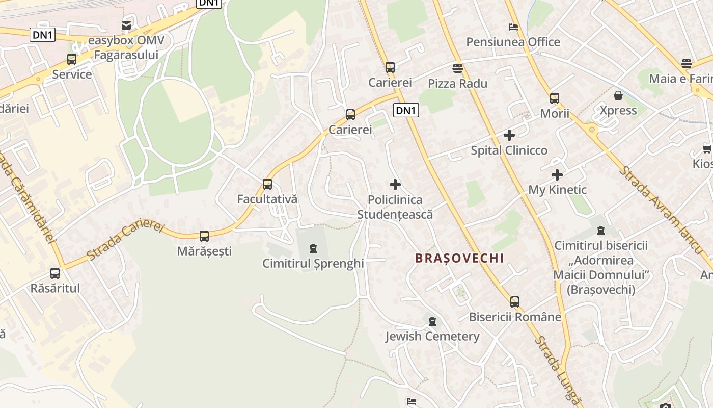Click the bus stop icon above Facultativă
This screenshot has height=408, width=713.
pyautogui.click(x=267, y=184)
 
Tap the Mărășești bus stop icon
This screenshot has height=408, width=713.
pyautogui.click(x=204, y=236)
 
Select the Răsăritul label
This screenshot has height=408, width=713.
pyautogui.click(x=55, y=288)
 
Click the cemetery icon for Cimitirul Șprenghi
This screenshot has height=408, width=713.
pyautogui.click(x=313, y=248)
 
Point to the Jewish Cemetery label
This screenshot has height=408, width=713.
pyautogui.click(x=432, y=336)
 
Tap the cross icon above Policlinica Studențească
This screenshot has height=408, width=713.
pyautogui.click(x=395, y=185)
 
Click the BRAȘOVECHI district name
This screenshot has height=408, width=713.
pyautogui.click(x=459, y=258)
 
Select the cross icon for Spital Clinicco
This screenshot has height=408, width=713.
pyautogui.click(x=509, y=135)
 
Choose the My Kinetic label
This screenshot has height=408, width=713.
pyautogui.click(x=557, y=190)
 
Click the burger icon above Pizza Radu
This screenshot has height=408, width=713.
pyautogui.click(x=458, y=68)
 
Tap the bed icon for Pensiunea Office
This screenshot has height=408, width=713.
pyautogui.click(x=513, y=27)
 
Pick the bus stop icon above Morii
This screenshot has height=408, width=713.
pyautogui.click(x=555, y=98)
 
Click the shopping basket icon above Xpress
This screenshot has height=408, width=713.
pyautogui.click(x=618, y=95)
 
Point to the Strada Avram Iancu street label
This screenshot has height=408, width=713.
pyautogui.click(x=660, y=209)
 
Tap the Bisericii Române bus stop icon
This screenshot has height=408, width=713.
pyautogui.click(x=515, y=302)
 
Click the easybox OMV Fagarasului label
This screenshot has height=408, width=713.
pyautogui.click(x=123, y=47)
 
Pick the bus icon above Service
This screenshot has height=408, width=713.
pyautogui.click(x=72, y=59)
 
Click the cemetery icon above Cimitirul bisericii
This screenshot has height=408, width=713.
pyautogui.click(x=601, y=231)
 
